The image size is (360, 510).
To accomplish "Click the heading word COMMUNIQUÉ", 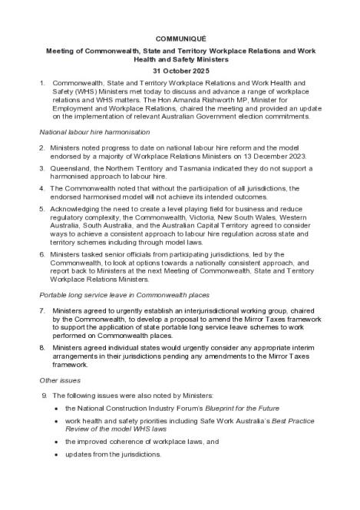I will coord(180,38).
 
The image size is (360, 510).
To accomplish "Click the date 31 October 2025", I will coord(180,70).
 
